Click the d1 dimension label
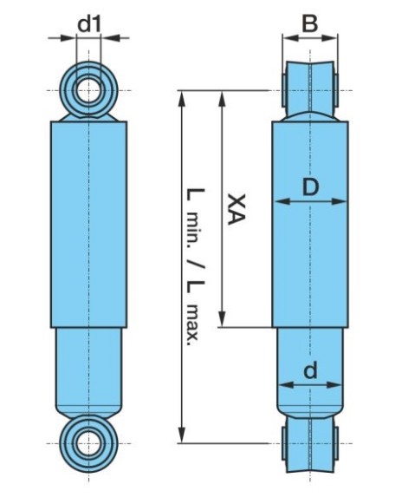[x=88, y=23]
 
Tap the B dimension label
[x=310, y=23]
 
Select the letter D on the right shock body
[x=311, y=185]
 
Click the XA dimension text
[x=232, y=209]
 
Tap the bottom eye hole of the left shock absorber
[x=88, y=442]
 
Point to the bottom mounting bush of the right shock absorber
[x=310, y=444]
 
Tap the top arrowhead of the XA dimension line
[x=224, y=95]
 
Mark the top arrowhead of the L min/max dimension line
[x=183, y=95]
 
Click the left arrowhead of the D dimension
[x=277, y=202]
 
